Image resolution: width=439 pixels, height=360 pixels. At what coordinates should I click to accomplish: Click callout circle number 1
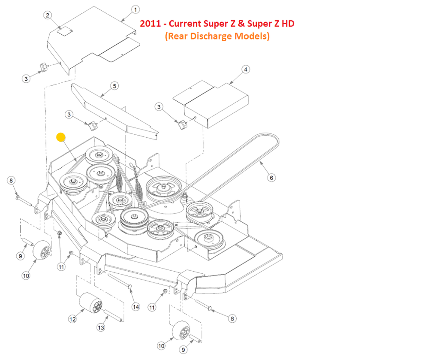[135, 9]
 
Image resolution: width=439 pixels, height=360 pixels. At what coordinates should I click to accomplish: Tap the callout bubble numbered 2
[48, 15]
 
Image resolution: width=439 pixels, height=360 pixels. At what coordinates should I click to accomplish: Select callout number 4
[245, 69]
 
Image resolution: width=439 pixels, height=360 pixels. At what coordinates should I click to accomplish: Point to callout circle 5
[114, 86]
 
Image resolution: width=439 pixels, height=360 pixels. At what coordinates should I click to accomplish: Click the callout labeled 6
[271, 177]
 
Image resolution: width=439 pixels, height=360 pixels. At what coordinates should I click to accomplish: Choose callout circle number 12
[72, 319]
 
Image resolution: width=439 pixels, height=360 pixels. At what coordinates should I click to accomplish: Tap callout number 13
[101, 328]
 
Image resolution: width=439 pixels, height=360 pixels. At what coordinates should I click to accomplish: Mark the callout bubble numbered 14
[135, 307]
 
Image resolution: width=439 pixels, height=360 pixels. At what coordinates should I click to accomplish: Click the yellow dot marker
[61, 137]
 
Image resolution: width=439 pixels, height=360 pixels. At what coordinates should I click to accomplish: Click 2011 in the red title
[150, 24]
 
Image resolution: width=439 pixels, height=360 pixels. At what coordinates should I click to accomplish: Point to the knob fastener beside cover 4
[183, 124]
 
